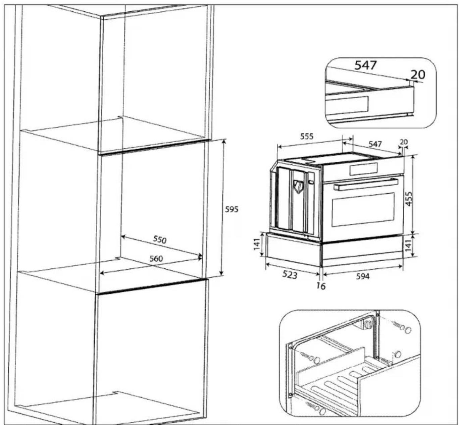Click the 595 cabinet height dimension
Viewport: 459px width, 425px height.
click(232, 209)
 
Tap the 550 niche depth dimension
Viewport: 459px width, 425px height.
click(160, 240)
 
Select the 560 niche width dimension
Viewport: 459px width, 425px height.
click(156, 259)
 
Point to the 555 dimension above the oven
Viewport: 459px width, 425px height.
click(307, 136)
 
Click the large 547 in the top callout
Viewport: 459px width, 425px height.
click(366, 65)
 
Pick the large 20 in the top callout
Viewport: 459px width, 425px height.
click(418, 74)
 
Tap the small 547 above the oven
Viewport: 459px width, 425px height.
click(375, 144)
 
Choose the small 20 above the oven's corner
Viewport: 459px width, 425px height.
click(404, 142)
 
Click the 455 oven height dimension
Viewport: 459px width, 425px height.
click(409, 199)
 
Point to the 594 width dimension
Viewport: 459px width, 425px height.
click(363, 276)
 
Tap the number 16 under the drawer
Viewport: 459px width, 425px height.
click(321, 286)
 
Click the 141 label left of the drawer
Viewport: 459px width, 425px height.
click(257, 244)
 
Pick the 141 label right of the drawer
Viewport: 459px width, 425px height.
click(408, 246)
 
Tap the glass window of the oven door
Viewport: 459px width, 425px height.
click(363, 210)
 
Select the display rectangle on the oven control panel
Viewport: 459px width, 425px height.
click(363, 169)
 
